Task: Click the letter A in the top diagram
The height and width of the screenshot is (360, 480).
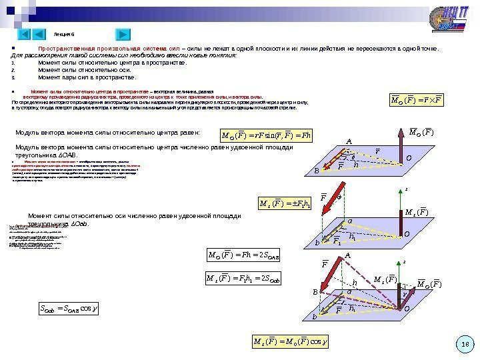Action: pyautogui.click(x=347, y=141)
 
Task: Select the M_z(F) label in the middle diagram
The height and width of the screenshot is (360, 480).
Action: pyautogui.click(x=419, y=213)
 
